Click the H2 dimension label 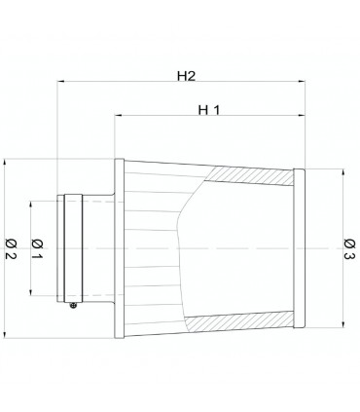(x=186, y=76)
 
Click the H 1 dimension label (x=209, y=110)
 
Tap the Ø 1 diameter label (x=37, y=248)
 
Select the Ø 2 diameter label (x=11, y=248)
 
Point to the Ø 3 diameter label (x=349, y=249)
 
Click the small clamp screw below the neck (x=74, y=305)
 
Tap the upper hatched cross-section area (x=250, y=175)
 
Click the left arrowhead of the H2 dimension (x=60, y=81)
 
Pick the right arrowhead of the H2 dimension (x=302, y=81)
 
